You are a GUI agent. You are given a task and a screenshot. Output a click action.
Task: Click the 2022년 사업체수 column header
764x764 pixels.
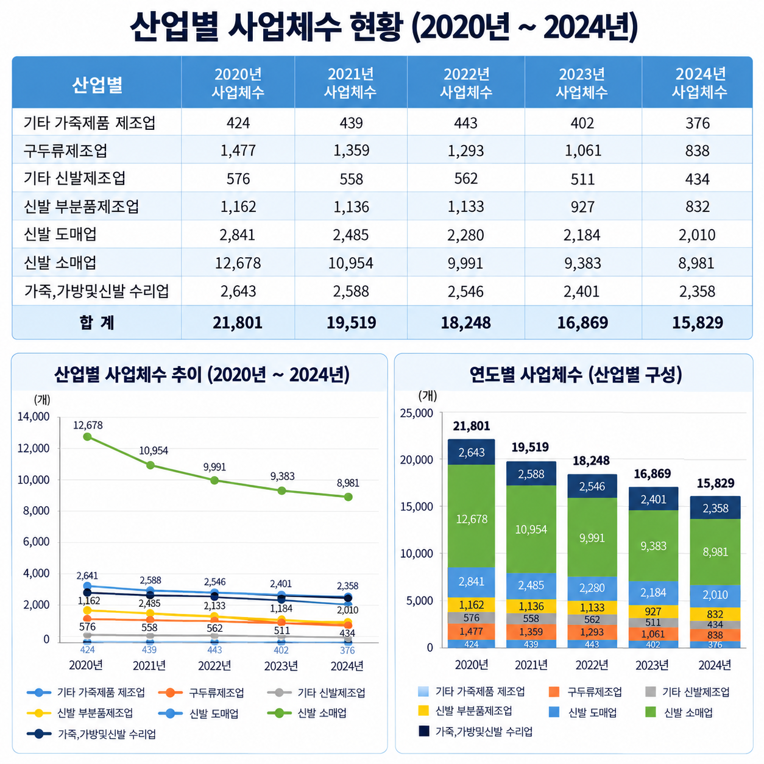(466, 83)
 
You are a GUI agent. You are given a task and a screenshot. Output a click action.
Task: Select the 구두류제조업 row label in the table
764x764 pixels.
(65, 150)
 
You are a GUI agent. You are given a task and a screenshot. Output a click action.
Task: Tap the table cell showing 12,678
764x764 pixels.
(238, 263)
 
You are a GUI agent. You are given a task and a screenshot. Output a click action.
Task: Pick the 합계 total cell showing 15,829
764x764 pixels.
(698, 322)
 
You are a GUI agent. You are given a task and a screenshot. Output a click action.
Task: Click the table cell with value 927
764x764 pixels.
(582, 207)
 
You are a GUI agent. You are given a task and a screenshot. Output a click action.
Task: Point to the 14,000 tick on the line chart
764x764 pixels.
(34, 417)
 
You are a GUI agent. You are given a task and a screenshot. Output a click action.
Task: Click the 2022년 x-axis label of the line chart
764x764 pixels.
(214, 665)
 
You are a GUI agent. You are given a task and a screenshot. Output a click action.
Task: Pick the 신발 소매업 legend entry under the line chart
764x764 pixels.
(307, 713)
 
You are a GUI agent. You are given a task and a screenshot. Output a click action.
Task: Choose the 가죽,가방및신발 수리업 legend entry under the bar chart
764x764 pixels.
(476, 732)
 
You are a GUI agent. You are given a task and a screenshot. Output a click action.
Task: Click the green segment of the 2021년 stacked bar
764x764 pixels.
(531, 529)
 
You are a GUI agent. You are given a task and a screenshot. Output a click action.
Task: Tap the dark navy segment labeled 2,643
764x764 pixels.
(472, 452)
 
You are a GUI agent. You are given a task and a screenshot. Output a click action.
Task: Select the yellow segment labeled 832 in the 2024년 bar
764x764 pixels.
(715, 614)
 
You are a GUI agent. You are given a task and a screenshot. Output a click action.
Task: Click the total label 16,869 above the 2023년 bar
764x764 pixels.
(652, 473)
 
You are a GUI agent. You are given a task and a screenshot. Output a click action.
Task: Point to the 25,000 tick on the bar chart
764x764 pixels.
(416, 413)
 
